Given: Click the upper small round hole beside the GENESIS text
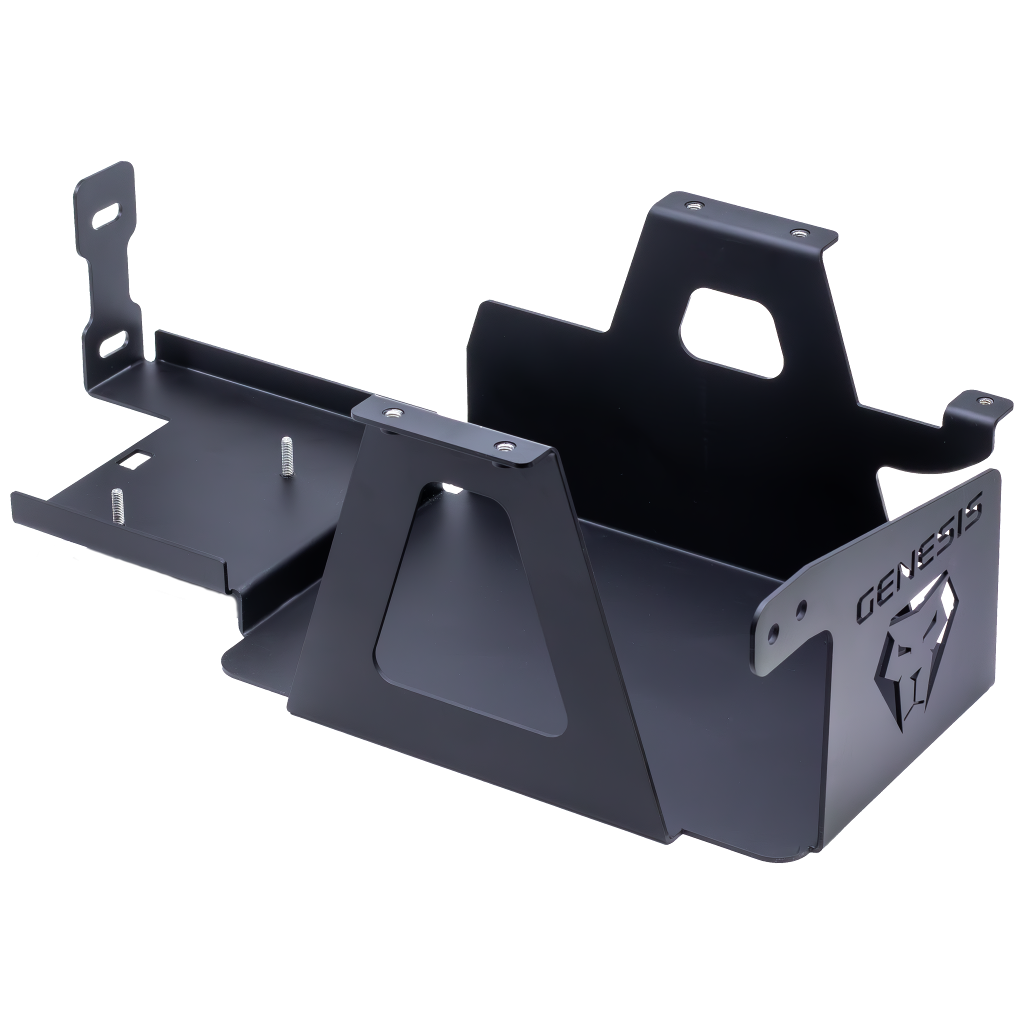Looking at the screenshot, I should [x=802, y=605].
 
